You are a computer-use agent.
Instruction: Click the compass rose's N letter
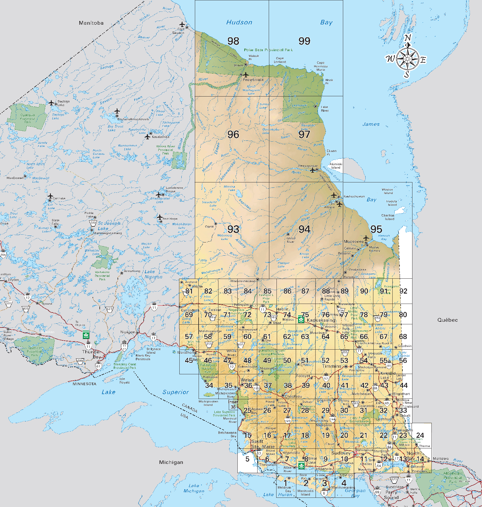[408, 38]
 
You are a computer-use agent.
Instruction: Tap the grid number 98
[233, 41]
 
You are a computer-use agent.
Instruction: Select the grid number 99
[304, 41]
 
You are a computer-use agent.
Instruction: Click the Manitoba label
[91, 23]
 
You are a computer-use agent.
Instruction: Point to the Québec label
[447, 320]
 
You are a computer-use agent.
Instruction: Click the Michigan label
[171, 462]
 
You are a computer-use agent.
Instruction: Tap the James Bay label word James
[371, 124]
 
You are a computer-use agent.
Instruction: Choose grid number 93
[233, 229]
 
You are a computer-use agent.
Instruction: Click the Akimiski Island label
[336, 166]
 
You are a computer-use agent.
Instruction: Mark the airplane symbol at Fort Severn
[182, 24]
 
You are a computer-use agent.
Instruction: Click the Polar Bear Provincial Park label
[268, 50]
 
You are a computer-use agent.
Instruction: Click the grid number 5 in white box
[247, 459]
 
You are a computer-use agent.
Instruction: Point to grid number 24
[420, 435]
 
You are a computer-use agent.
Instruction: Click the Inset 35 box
[233, 404]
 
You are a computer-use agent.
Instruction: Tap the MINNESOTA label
[84, 384]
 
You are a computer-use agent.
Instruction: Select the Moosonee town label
[354, 242]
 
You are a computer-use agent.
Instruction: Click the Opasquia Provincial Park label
[28, 118]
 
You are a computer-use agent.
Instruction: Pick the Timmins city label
[332, 366]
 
